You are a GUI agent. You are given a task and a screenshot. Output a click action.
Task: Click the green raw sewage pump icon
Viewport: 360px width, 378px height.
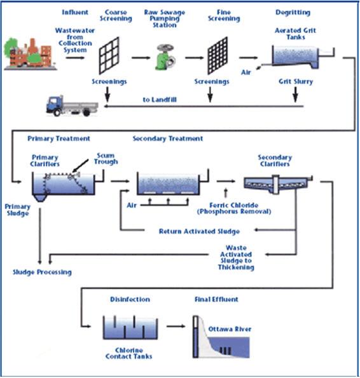[x=165, y=57]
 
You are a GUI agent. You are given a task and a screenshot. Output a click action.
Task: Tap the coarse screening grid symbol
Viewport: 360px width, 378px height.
[x=109, y=55]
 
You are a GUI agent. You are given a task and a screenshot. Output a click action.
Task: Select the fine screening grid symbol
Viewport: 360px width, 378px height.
[x=218, y=55]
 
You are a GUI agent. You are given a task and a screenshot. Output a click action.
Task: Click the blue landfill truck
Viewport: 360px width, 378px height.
[x=72, y=106]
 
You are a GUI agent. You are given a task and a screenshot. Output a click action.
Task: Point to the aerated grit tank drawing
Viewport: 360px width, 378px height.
[x=303, y=57]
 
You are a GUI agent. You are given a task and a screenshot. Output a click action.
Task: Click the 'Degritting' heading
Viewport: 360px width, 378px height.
[x=293, y=13]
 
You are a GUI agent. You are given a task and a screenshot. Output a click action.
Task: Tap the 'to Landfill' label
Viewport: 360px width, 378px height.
[x=160, y=100]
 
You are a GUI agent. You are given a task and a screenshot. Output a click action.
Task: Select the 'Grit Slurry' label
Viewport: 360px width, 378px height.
[x=296, y=81]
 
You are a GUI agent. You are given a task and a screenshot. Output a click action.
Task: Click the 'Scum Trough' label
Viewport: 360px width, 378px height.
[x=106, y=159]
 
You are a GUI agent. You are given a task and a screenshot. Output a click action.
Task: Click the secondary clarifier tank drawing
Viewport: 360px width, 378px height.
[x=278, y=184]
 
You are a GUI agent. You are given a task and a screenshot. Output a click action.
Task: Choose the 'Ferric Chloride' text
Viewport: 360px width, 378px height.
[x=234, y=205]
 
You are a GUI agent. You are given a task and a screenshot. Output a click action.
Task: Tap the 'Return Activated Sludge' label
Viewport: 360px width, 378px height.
[x=199, y=231]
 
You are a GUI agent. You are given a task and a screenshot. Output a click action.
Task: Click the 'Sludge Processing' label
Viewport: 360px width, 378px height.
[x=42, y=272]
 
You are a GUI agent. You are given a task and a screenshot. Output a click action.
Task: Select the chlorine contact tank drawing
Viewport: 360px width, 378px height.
[x=130, y=327]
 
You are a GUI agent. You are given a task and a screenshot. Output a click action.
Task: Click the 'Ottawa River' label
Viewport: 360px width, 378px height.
[x=230, y=329]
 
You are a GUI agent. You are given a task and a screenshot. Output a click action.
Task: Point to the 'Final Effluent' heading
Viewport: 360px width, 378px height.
[x=216, y=299]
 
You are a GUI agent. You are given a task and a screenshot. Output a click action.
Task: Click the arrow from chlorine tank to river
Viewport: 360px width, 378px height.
[x=176, y=327]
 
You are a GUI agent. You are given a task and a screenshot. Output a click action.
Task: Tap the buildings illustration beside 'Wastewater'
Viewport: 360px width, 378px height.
[x=31, y=54]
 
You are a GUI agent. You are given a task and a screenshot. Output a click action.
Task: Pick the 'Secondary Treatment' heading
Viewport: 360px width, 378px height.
[x=168, y=138]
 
